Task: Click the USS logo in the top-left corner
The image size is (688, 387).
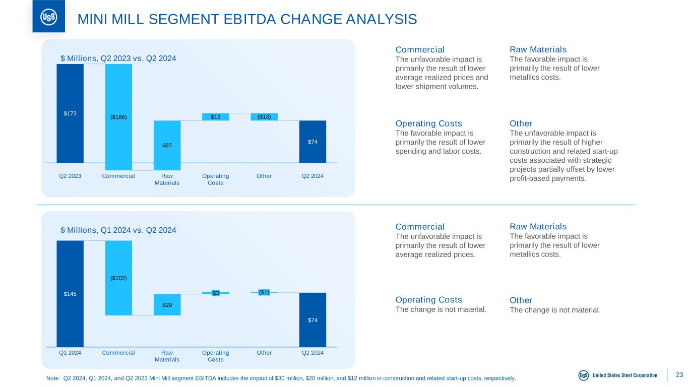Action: (x=48, y=17)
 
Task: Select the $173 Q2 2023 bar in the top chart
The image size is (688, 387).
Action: (x=70, y=113)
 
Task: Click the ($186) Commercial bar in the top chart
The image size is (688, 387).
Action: (x=118, y=117)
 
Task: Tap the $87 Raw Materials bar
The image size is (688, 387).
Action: (x=167, y=145)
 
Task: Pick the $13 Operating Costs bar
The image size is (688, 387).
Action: (x=215, y=117)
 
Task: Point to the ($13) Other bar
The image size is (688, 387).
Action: (x=264, y=117)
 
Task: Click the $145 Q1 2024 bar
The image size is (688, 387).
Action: (x=70, y=294)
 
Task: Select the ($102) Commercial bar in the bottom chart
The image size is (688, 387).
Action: (x=118, y=278)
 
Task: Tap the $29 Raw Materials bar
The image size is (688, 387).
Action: (x=167, y=305)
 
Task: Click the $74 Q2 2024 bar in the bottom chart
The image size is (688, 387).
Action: (x=312, y=319)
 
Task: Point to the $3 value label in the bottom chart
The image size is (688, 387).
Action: (x=215, y=293)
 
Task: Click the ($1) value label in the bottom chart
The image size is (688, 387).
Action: (x=264, y=292)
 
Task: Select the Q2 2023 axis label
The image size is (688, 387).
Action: (x=70, y=176)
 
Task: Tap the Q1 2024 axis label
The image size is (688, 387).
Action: (x=70, y=353)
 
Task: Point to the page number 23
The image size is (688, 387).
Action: (x=679, y=375)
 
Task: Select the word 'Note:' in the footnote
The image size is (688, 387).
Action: (x=53, y=378)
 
